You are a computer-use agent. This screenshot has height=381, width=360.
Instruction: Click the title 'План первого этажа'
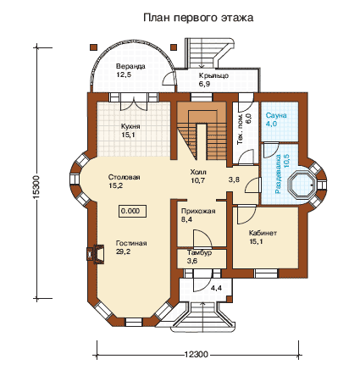click(198, 18)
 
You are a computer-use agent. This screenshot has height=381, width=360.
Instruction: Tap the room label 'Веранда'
click(130, 66)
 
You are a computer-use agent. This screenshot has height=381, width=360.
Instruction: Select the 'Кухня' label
click(130, 126)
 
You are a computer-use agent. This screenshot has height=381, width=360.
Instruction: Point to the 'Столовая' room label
click(125, 177)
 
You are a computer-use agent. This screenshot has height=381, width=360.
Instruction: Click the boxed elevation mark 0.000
click(132, 211)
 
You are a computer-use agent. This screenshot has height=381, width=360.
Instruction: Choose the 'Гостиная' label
click(131, 243)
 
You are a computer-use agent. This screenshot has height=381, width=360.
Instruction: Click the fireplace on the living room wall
click(95, 255)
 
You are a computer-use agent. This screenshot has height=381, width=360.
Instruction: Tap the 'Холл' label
click(198, 172)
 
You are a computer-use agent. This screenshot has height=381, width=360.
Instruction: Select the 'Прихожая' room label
click(198, 211)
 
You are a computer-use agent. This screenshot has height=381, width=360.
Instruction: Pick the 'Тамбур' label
click(199, 253)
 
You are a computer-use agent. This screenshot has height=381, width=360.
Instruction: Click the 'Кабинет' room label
click(263, 233)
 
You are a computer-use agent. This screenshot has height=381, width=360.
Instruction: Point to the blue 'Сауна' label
click(276, 115)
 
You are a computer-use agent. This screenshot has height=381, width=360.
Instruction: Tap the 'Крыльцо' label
click(213, 75)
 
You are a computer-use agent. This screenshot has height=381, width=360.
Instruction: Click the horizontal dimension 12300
click(197, 355)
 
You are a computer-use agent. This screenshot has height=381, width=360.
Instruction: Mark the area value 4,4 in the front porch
click(216, 289)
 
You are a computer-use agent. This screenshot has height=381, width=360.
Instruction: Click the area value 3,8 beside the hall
click(234, 179)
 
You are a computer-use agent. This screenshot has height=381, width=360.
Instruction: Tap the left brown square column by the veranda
click(94, 47)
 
